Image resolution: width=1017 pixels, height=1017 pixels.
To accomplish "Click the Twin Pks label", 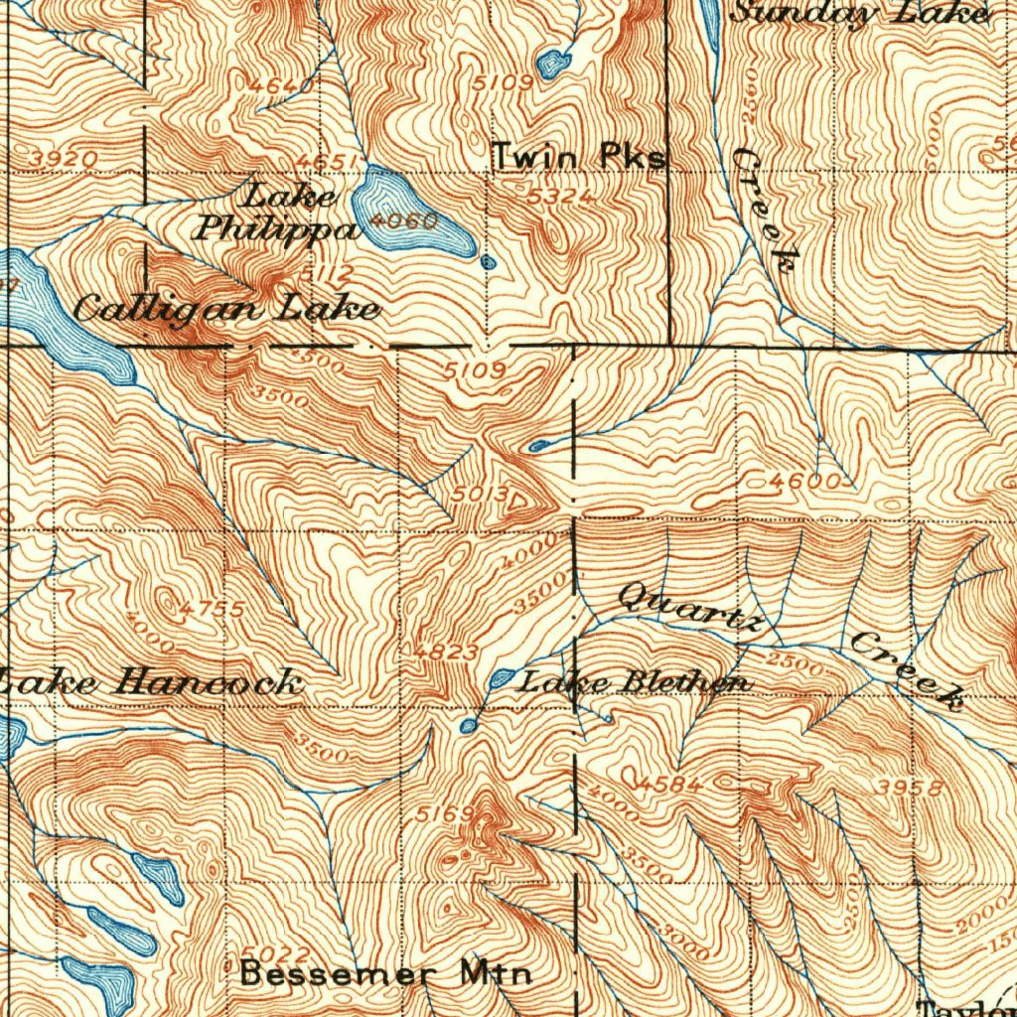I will [579, 156].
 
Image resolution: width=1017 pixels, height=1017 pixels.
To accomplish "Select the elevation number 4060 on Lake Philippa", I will [401, 220].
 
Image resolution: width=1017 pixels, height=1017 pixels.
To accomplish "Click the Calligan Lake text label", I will [226, 309].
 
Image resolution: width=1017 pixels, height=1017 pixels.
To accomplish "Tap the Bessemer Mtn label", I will [386, 973].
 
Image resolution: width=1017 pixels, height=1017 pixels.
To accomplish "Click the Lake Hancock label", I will [149, 682].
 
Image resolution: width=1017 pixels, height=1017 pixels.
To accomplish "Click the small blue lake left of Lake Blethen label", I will [501, 679].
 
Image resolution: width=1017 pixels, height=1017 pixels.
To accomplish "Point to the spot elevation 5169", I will [439, 815].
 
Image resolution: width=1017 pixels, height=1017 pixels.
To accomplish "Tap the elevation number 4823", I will [447, 652].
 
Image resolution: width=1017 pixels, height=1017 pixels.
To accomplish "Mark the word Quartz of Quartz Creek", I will [691, 607].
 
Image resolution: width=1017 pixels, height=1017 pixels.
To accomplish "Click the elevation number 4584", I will [671, 785].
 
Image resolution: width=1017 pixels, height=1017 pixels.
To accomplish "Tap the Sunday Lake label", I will [860, 13].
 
